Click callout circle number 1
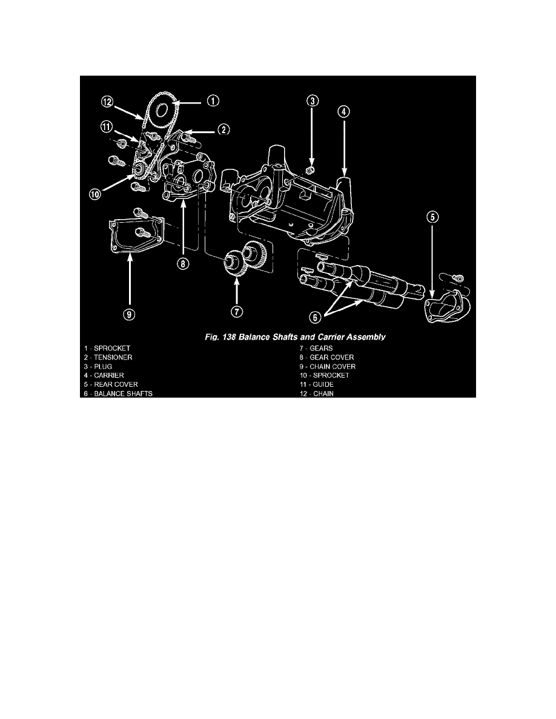tap(213, 100)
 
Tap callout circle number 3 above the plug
tap(313, 101)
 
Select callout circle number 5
tap(432, 217)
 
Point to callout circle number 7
tap(236, 312)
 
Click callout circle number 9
tap(130, 314)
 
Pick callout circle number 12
tap(107, 101)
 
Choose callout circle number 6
tap(315, 317)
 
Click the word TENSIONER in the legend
tap(113, 357)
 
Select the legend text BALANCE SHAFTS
tap(123, 393)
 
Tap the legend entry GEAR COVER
tap(332, 357)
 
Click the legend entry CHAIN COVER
tap(333, 366)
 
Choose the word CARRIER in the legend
tap(109, 375)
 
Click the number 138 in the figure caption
tap(228, 337)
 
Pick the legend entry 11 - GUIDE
tap(317, 384)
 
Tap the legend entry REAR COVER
tap(116, 384)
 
